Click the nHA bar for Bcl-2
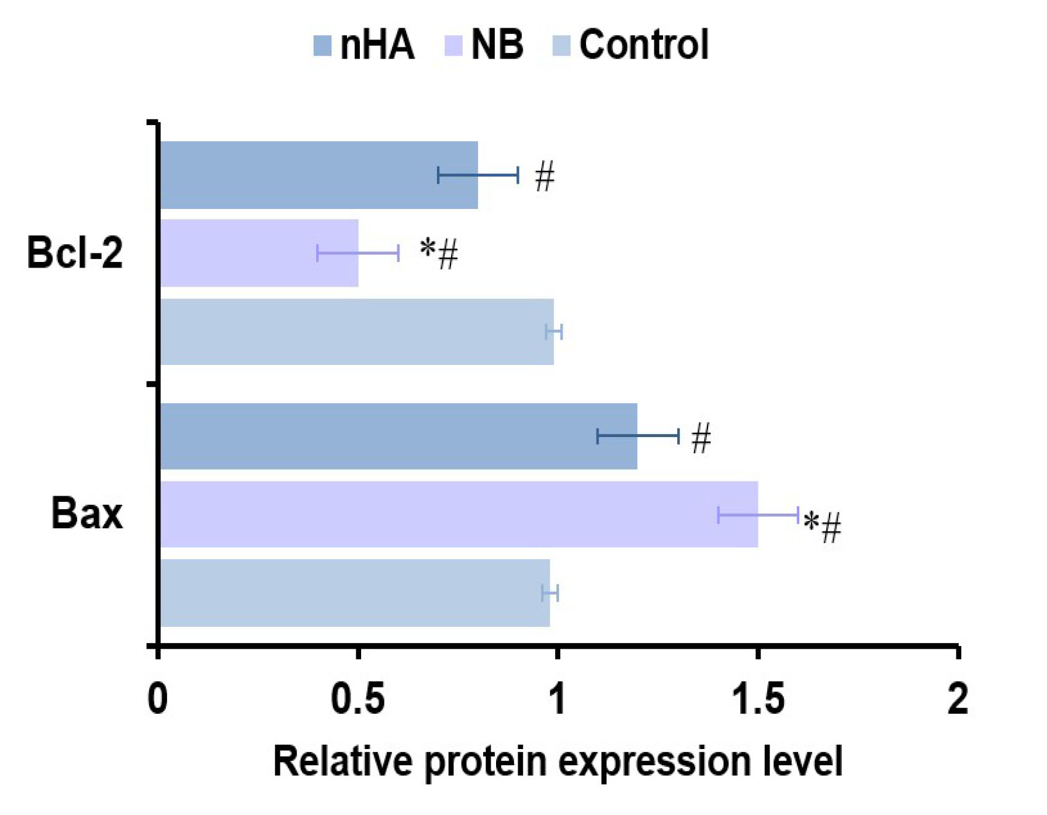(308, 175)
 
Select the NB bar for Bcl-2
(259, 253)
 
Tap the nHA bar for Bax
(394, 436)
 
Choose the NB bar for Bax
(456, 514)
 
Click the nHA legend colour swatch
(322, 46)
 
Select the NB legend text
(497, 44)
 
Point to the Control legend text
(644, 44)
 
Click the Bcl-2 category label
(75, 253)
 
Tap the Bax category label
(87, 513)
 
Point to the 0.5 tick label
(357, 699)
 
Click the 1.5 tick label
(757, 699)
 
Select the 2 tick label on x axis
(957, 699)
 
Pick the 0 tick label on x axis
(158, 699)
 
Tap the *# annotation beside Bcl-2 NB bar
(439, 253)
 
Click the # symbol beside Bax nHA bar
(701, 438)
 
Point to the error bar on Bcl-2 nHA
(478, 175)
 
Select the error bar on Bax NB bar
(758, 514)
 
